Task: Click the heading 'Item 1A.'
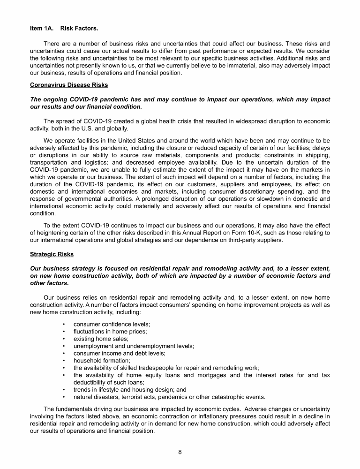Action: tap(42, 28)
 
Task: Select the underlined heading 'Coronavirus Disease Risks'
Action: tap(69, 85)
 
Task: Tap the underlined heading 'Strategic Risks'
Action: tap(52, 255)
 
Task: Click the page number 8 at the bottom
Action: tap(180, 452)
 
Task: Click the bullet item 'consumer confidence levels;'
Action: tap(112, 324)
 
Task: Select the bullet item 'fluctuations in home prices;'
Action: tap(110, 331)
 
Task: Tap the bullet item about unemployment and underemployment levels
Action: tap(134, 346)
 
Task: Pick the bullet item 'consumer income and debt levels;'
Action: tap(120, 353)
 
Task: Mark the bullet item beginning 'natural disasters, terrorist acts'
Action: tap(169, 396)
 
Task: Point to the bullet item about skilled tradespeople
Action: tap(166, 368)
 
